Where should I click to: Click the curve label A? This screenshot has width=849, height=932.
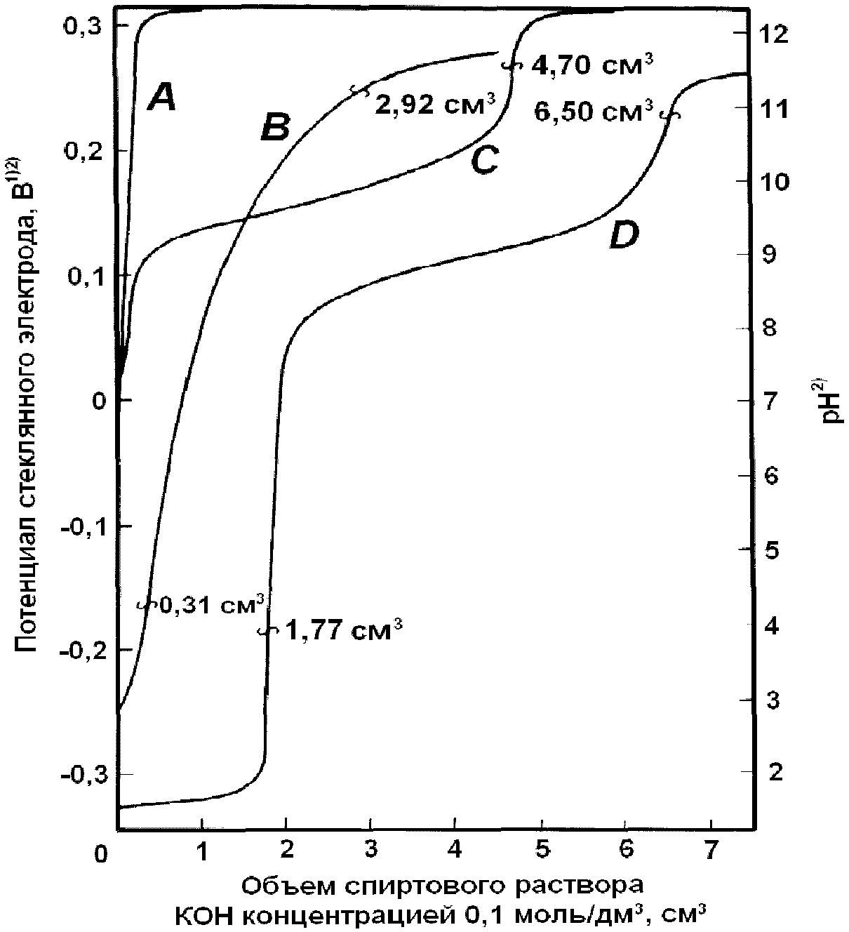pyautogui.click(x=161, y=100)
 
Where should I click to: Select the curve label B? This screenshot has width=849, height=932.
pyautogui.click(x=275, y=127)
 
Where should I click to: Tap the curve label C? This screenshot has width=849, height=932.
pyautogui.click(x=485, y=160)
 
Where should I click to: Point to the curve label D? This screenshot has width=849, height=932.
pyautogui.click(x=624, y=234)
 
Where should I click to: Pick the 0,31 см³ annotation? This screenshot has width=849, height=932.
pyautogui.click(x=212, y=606)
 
